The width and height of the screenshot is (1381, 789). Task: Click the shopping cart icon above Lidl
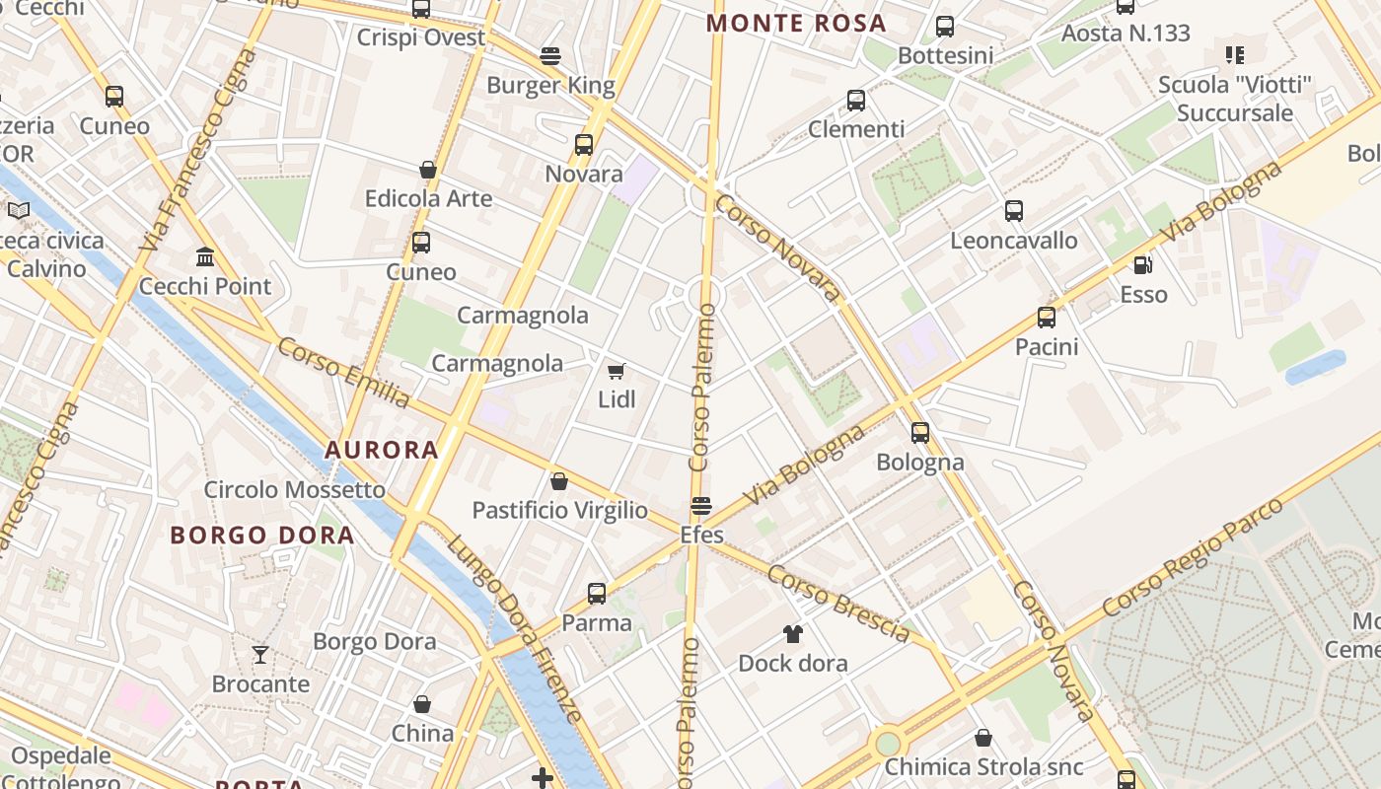[617, 371]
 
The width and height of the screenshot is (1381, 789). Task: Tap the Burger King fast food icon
[550, 56]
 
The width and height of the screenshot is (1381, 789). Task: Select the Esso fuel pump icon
[1143, 264]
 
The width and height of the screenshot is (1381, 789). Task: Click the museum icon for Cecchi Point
[205, 257]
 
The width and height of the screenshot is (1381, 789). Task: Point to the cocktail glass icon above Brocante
[260, 654]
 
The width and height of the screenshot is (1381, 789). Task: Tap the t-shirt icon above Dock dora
[793, 633]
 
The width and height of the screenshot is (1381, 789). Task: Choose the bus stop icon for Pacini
[1047, 318]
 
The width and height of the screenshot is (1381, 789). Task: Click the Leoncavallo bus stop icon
[1014, 210]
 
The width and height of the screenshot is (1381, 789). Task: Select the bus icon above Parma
[597, 593]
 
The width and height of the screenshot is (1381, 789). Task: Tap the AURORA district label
[382, 450]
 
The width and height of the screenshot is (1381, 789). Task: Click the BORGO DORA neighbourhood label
[262, 536]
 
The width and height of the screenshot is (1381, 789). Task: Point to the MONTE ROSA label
[797, 23]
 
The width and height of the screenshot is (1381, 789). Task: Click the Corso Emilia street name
[342, 373]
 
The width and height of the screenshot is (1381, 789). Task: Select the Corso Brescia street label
[837, 604]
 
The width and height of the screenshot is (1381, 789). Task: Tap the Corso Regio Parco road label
[1193, 557]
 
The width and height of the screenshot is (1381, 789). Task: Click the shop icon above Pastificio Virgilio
[559, 481]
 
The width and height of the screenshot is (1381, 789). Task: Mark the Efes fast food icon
[701, 506]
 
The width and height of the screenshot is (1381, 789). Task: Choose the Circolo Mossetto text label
[295, 489]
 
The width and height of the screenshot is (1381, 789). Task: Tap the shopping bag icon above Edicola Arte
[428, 170]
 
